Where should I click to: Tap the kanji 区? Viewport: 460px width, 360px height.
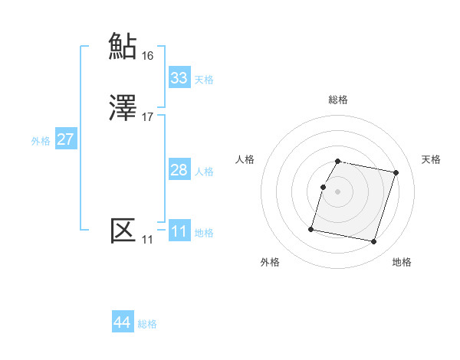pos(123,231)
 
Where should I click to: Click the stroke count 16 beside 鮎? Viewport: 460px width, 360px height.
pos(147,55)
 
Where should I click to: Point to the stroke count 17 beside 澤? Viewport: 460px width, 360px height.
pos(147,117)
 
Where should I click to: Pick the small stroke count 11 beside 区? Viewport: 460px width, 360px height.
pos(146,240)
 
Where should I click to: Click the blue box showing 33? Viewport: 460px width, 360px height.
pos(179,78)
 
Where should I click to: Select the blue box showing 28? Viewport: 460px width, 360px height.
pos(179,170)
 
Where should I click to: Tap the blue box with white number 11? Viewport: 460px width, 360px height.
pos(179,231)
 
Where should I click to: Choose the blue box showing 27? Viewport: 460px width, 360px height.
pos(66,139)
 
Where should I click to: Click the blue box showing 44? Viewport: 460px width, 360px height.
pos(123,323)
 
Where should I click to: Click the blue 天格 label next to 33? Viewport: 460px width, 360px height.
pos(203,80)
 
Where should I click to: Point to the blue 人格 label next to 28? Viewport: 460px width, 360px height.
pos(203,172)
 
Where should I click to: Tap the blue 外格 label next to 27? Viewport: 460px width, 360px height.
pos(41,141)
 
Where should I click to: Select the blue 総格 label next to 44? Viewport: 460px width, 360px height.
pos(147,325)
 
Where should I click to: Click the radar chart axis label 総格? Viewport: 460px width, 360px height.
pos(338,100)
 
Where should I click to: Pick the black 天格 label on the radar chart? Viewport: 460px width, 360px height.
pos(432,159)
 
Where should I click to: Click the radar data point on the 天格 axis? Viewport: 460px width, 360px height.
pos(396,173)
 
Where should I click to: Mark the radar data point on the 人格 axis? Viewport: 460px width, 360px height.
pos(323,187)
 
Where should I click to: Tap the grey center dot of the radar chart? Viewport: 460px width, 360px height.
pos(338,191)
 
